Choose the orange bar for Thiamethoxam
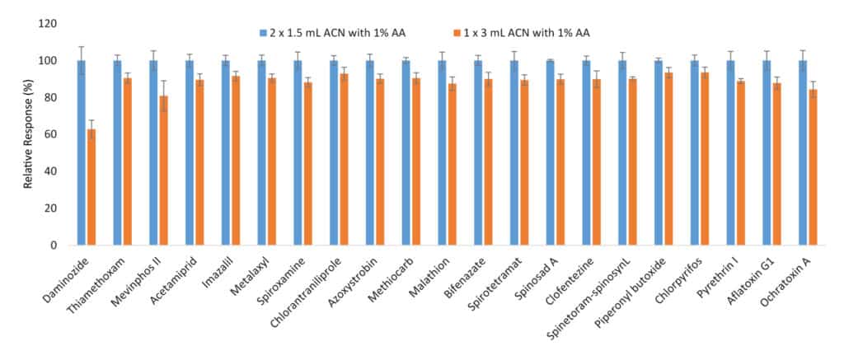point(128,161)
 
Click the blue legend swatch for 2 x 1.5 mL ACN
point(262,33)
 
